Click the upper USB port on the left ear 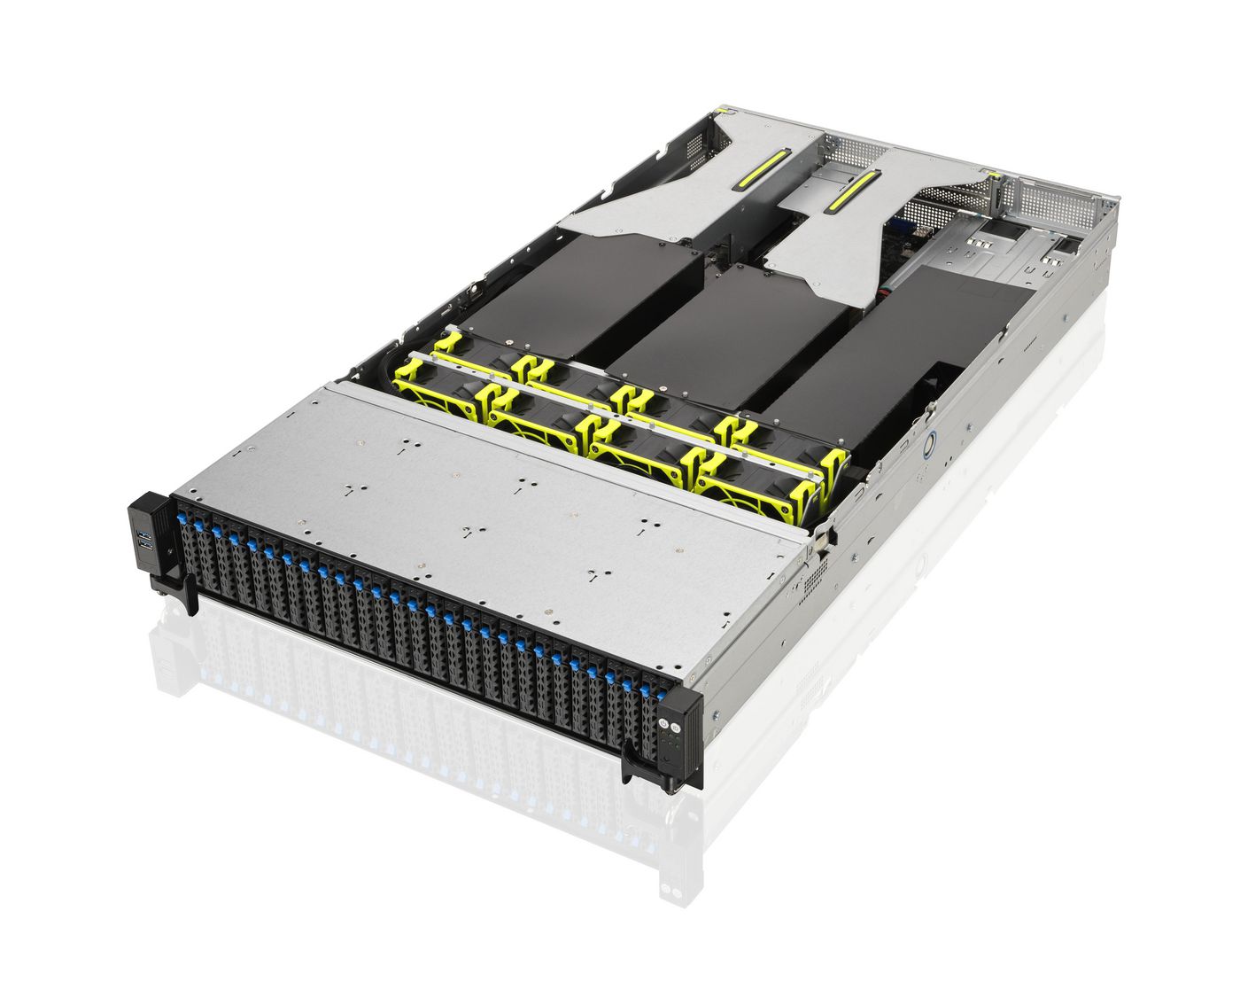[x=143, y=535]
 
